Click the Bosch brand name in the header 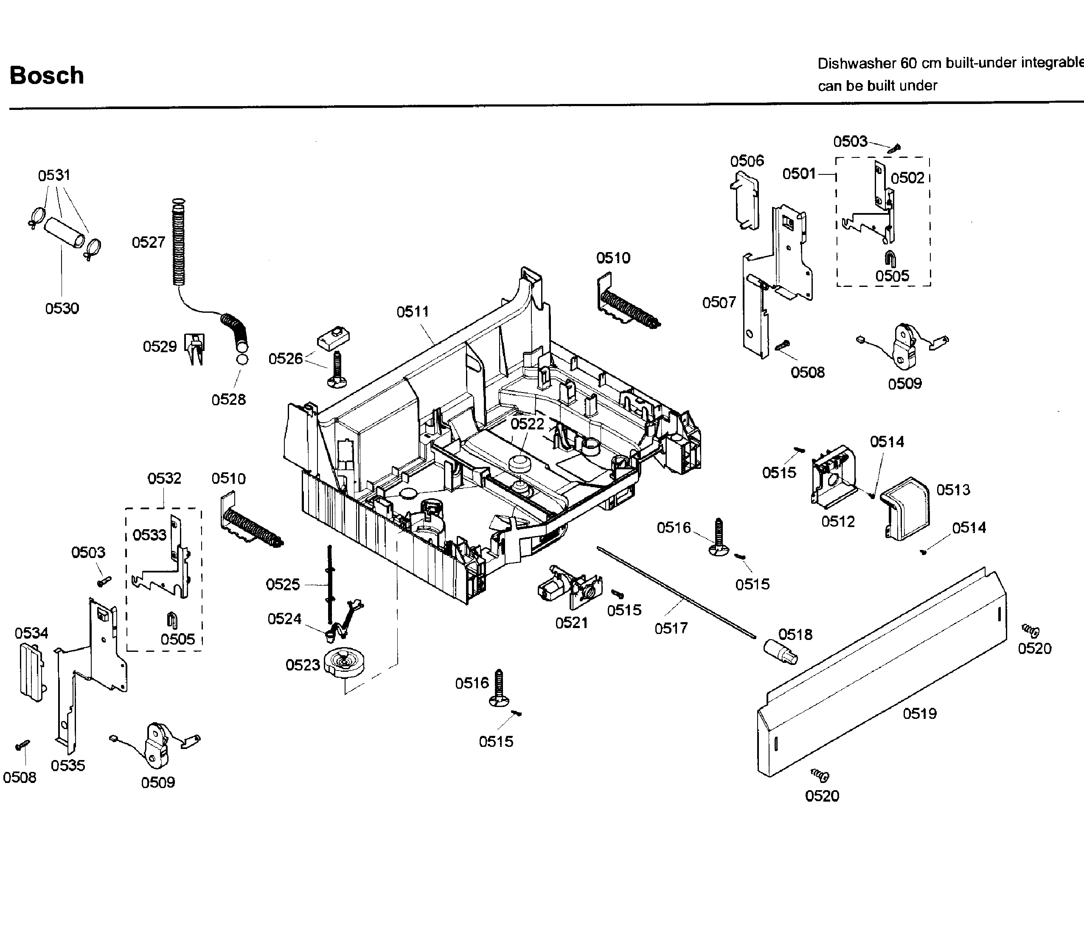click(47, 76)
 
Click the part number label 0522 click(527, 424)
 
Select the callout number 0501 click(799, 174)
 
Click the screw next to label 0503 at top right click(895, 149)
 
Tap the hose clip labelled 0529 click(195, 348)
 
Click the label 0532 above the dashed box click(164, 478)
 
